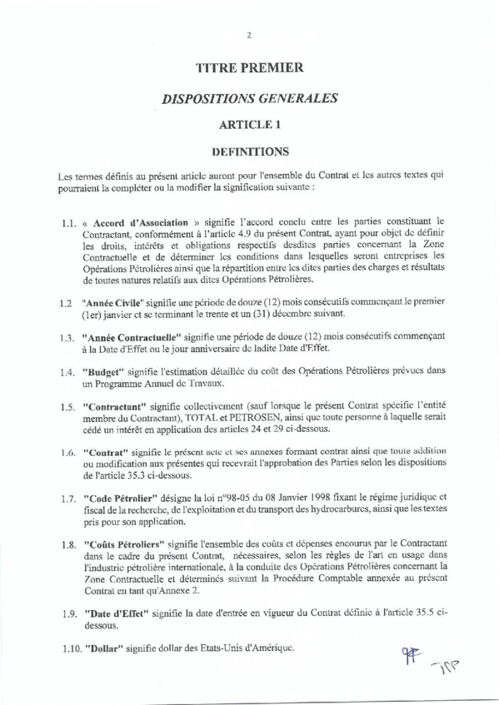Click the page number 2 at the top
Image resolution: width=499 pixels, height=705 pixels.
[249, 34]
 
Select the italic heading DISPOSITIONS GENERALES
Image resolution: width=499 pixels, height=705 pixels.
[249, 97]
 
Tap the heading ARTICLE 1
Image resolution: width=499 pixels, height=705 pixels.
[249, 125]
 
